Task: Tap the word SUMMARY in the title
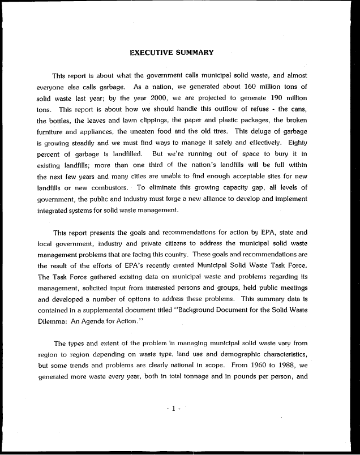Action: tap(195, 53)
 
